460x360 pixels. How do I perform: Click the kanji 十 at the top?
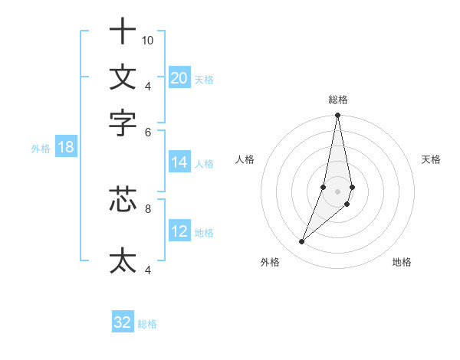pyautogui.click(x=123, y=32)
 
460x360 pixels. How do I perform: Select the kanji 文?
pyautogui.click(x=123, y=77)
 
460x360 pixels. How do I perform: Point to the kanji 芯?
pyautogui.click(x=123, y=199)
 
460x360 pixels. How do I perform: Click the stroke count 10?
pyautogui.click(x=148, y=40)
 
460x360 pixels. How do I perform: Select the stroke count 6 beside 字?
pyautogui.click(x=148, y=132)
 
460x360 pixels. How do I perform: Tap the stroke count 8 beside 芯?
pyautogui.click(x=148, y=207)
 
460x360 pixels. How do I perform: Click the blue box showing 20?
pyautogui.click(x=179, y=77)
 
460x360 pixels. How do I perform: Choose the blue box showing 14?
pyautogui.click(x=179, y=162)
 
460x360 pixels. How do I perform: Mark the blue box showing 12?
pyautogui.click(x=179, y=231)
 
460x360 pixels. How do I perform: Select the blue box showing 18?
pyautogui.click(x=66, y=147)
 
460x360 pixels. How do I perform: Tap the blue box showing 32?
pyautogui.click(x=123, y=322)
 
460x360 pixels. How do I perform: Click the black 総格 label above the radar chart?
pyautogui.click(x=338, y=100)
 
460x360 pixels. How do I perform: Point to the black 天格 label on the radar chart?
pyautogui.click(x=431, y=159)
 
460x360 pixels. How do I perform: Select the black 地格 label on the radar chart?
pyautogui.click(x=402, y=262)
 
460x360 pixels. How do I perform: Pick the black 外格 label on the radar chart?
pyautogui.click(x=270, y=262)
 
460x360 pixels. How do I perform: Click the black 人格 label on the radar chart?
pyautogui.click(x=245, y=159)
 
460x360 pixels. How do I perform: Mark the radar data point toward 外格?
pyautogui.click(x=302, y=242)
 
